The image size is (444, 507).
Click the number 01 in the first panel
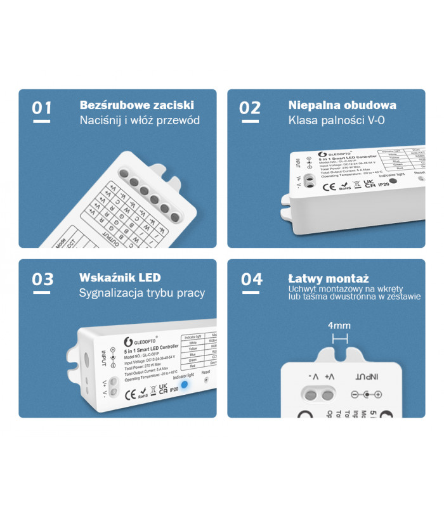click(x=41, y=108)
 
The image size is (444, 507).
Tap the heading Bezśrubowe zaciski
click(x=136, y=105)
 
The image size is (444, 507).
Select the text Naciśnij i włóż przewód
click(x=139, y=120)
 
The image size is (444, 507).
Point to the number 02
click(x=249, y=108)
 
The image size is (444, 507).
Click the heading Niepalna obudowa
click(x=342, y=105)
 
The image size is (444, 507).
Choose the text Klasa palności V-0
click(x=336, y=120)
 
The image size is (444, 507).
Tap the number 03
click(x=42, y=279)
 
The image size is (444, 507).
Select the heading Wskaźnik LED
click(x=120, y=278)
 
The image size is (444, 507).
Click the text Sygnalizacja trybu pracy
click(x=141, y=293)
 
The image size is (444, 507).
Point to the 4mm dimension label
click(x=339, y=326)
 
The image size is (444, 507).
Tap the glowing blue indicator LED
click(x=185, y=385)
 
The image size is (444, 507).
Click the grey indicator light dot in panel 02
click(x=393, y=181)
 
